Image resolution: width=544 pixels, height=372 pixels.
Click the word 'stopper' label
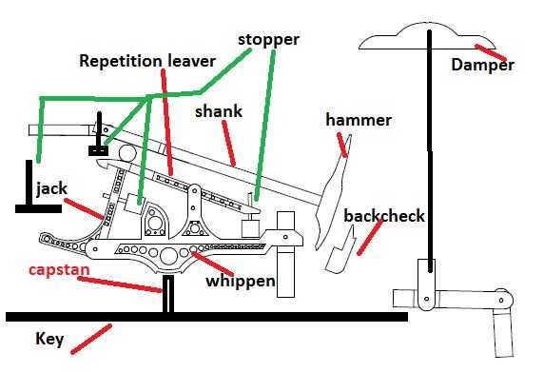(268, 40)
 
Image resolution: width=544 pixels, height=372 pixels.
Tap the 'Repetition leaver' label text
(147, 61)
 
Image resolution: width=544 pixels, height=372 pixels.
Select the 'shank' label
(219, 111)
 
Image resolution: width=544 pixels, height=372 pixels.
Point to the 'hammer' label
(359, 120)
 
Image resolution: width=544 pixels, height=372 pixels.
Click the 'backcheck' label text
(384, 216)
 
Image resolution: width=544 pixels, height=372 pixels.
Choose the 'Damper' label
(482, 66)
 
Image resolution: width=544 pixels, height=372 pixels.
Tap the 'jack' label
(52, 189)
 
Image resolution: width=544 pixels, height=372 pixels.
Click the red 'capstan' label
(59, 270)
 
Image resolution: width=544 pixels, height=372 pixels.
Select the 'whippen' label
(241, 282)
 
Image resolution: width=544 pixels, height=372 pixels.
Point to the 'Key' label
(49, 339)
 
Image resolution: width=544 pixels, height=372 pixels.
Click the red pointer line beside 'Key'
(91, 339)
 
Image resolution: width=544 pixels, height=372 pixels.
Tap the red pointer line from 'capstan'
(120, 284)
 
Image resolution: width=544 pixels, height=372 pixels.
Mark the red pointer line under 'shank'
(228, 144)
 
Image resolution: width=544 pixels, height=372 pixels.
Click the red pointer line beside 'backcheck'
(370, 237)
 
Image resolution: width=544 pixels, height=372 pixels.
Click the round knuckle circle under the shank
(127, 153)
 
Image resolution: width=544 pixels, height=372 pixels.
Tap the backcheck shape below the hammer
(340, 250)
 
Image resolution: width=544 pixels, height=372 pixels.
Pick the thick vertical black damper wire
(430, 150)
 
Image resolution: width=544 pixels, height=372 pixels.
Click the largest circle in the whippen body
(169, 256)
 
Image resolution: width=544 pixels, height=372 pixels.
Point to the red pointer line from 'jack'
(85, 209)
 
